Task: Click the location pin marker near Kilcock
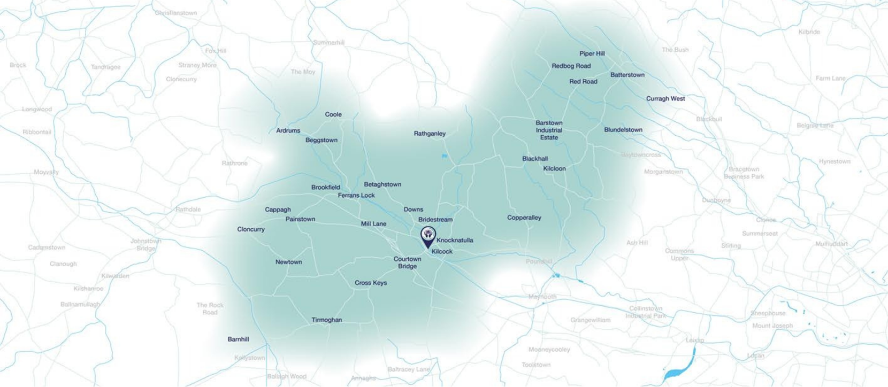point(428,236)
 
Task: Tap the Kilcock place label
point(442,251)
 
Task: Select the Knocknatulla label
point(455,241)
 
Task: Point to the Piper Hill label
point(592,53)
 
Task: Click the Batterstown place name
point(627,75)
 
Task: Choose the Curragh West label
point(665,99)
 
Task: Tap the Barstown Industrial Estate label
point(549,130)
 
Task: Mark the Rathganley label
point(430,134)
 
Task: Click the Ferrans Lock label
point(356,196)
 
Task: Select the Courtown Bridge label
point(407,262)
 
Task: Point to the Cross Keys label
point(371,283)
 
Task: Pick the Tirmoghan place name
point(326,320)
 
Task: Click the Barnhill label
point(238,339)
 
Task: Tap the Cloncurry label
point(251,229)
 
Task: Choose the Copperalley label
point(524,218)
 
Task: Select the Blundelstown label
point(623,130)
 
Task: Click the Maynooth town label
point(542,297)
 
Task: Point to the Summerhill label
point(328,43)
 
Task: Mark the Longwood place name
point(37,110)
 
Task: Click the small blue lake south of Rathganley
point(444,156)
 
